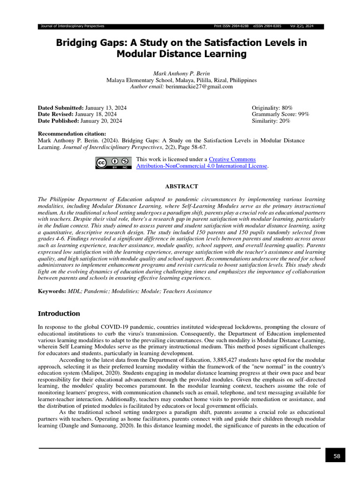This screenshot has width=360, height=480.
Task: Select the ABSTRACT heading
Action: click(x=181, y=186)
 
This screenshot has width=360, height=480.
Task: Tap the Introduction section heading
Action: click(x=59, y=314)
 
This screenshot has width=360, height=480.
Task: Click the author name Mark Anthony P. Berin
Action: click(x=181, y=74)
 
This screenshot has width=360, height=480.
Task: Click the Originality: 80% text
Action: click(x=272, y=108)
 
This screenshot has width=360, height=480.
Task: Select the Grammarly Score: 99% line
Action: click(x=280, y=114)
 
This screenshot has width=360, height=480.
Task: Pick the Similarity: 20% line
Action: click(x=271, y=121)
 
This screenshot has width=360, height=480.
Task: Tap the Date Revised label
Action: click(x=55, y=114)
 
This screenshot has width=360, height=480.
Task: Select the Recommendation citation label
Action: click(x=72, y=134)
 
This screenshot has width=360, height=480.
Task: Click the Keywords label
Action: click(x=52, y=291)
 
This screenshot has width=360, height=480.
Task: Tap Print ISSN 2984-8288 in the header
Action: click(x=231, y=26)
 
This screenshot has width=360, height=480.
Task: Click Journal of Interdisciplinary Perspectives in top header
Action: click(x=73, y=26)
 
